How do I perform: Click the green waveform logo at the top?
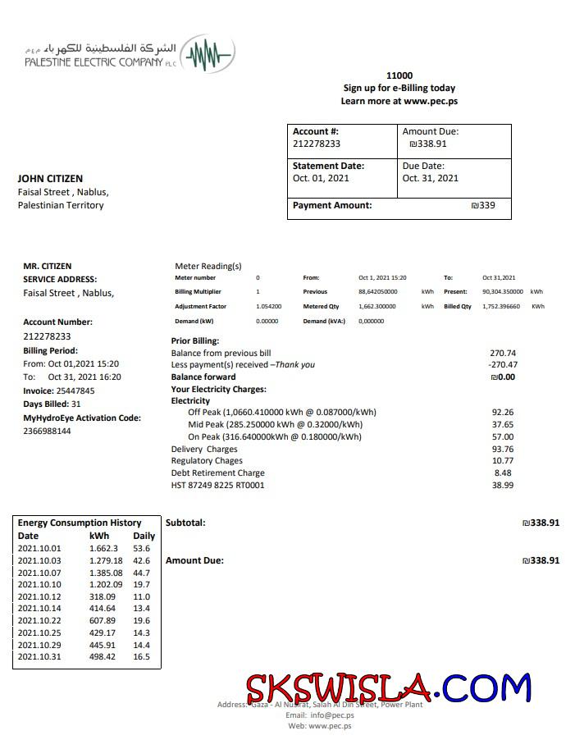(208, 56)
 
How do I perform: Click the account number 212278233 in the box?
(317, 144)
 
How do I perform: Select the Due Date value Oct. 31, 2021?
(430, 178)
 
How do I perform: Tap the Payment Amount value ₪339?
(483, 205)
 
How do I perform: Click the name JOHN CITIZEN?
(50, 178)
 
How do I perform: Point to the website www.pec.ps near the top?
(430, 101)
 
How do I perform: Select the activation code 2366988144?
(47, 431)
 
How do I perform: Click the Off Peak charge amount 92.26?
(503, 412)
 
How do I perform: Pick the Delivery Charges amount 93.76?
(503, 449)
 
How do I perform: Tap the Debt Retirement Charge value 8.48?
(503, 473)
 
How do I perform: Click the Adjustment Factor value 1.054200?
(269, 306)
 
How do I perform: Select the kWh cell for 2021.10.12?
(103, 596)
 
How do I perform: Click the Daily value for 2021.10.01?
(142, 548)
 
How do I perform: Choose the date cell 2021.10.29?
(39, 645)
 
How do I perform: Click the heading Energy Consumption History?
(80, 523)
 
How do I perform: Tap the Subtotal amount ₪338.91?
(541, 523)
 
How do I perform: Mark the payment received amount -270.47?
(503, 364)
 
